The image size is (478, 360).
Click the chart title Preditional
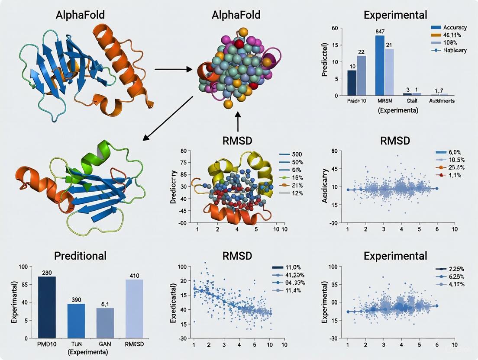[81, 256]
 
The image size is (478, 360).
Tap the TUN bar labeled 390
[76, 321]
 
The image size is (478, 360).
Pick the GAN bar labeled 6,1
[105, 323]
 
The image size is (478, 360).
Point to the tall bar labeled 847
[380, 65]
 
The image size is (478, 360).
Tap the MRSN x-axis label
[384, 101]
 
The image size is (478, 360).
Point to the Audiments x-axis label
[441, 101]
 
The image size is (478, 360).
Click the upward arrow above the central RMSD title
[238, 121]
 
